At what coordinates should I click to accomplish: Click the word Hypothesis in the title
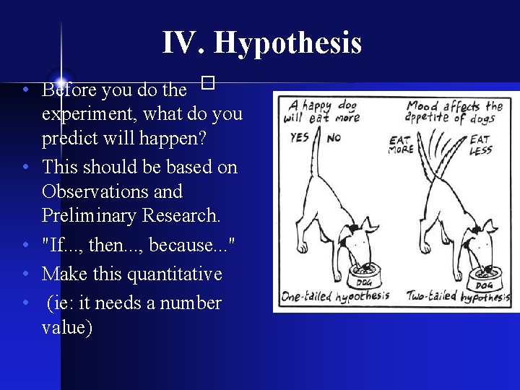tap(287, 43)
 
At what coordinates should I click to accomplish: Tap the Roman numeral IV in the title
tap(184, 43)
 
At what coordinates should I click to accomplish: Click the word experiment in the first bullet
tap(90, 113)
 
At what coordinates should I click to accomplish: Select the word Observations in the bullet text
tap(112, 192)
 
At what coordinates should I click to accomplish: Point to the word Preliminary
tap(84, 215)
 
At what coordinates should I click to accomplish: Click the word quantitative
tap(175, 274)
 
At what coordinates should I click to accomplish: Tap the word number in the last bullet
tap(191, 303)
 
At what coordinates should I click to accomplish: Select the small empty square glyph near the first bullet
tap(209, 84)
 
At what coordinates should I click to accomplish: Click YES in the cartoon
tap(300, 137)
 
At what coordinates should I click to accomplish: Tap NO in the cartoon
tap(333, 137)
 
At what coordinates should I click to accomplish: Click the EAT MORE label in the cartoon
tap(401, 144)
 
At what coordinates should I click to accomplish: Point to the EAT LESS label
tap(481, 144)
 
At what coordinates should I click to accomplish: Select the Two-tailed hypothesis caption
tap(458, 296)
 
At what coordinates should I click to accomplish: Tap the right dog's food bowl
tap(486, 277)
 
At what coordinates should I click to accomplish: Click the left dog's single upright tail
tap(316, 159)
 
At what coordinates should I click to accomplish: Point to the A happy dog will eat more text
tap(321, 110)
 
